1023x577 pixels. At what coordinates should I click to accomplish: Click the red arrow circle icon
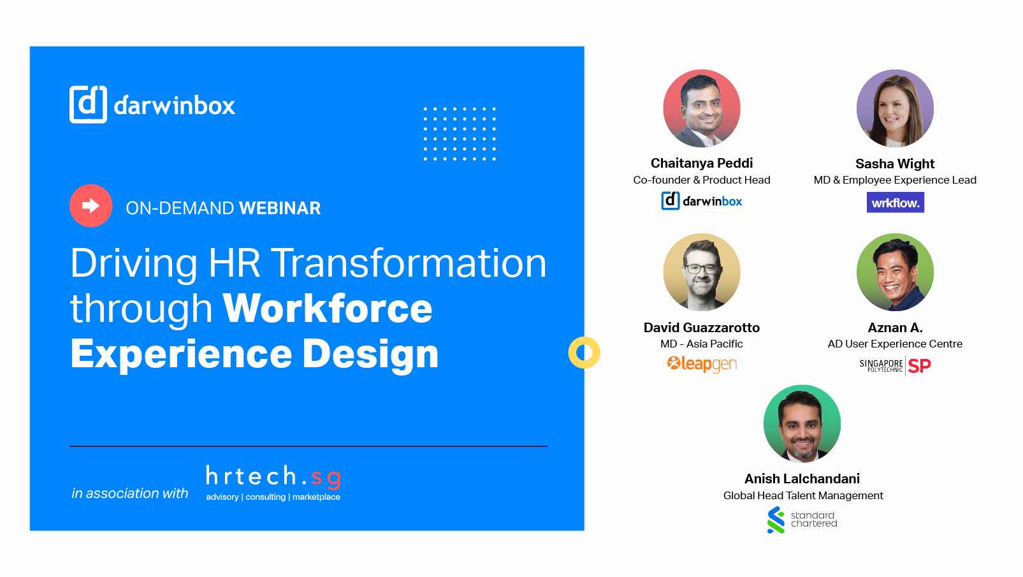91,206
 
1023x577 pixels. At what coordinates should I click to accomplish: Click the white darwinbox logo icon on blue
88,105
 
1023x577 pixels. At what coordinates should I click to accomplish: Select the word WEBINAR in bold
280,208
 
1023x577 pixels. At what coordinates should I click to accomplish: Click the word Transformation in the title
410,263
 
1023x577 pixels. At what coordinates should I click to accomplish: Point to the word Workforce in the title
328,309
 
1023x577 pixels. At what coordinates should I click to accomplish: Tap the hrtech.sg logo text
273,476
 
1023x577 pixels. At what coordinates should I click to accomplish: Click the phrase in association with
129,493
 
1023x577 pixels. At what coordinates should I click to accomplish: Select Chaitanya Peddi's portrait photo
702,108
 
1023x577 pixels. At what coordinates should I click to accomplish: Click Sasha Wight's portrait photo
895,108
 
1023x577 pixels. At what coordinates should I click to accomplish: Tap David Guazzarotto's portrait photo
702,272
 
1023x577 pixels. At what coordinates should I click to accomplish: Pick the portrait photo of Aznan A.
895,272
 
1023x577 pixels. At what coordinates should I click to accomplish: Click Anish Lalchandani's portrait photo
802,423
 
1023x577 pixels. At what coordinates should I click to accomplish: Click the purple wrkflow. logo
895,202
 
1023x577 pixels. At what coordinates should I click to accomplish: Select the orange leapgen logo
702,364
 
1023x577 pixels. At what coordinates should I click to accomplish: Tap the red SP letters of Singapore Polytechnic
919,366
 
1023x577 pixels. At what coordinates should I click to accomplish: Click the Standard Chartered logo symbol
776,520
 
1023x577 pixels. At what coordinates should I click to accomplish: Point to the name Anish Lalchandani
802,479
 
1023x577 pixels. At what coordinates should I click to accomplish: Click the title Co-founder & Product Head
702,180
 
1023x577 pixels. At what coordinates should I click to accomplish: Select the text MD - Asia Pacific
702,344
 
